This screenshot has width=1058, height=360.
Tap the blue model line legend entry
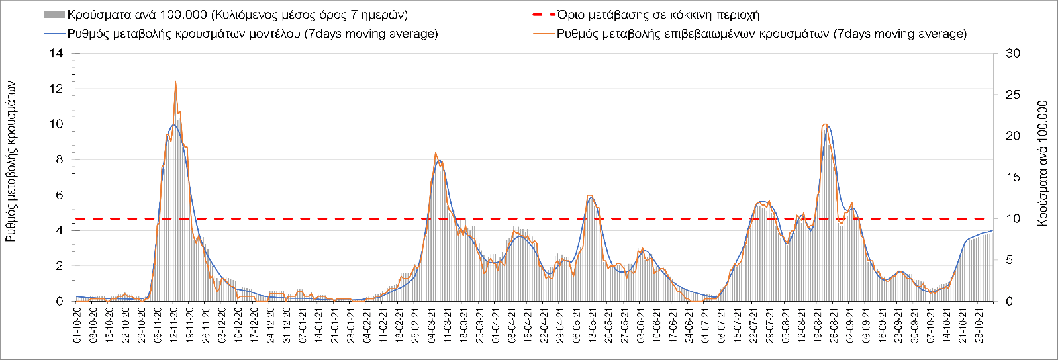[252, 34]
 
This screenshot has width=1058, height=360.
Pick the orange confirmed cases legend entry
[761, 34]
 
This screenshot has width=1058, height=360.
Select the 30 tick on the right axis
[1013, 53]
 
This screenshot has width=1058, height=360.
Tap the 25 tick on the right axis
[1013, 95]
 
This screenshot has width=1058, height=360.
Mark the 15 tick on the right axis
[1013, 177]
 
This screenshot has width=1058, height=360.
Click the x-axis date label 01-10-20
[77, 325]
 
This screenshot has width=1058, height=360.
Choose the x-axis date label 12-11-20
[173, 325]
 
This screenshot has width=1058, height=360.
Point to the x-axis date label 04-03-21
[431, 325]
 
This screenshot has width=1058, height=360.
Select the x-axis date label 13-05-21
[591, 325]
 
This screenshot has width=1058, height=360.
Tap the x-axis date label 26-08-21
[833, 325]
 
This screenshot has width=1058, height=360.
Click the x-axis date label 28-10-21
[978, 325]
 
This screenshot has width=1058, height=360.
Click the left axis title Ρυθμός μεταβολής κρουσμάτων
[11, 162]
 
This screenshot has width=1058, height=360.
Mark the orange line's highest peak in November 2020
[175, 81]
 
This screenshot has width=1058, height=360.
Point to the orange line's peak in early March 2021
[435, 152]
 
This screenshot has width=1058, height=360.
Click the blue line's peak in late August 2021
[828, 126]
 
